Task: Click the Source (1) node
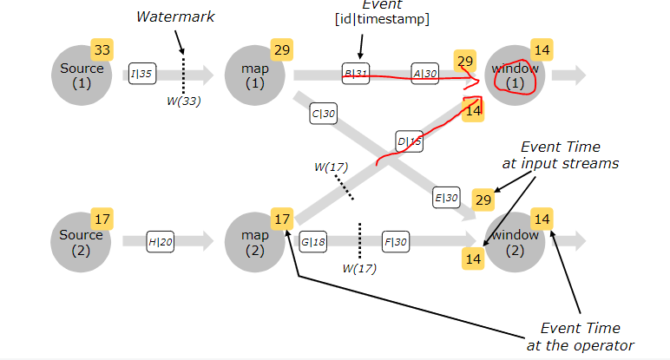tap(82, 75)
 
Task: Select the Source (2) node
tap(81, 242)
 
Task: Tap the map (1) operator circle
tap(255, 75)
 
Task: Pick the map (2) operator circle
tap(255, 242)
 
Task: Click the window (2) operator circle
tap(515, 242)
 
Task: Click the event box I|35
tap(142, 74)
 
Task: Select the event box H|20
tap(161, 242)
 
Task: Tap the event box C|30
tap(324, 113)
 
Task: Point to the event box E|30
tap(447, 197)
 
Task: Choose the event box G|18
tap(313, 242)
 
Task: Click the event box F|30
tap(396, 242)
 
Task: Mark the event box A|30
tap(425, 74)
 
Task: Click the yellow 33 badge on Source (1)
tap(102, 49)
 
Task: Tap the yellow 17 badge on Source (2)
tap(102, 219)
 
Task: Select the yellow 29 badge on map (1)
tap(282, 49)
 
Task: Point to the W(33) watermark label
tap(184, 101)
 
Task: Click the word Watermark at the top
tap(175, 16)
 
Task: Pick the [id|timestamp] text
tap(383, 19)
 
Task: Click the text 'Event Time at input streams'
tap(561, 155)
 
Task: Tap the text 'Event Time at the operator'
tap(581, 337)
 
